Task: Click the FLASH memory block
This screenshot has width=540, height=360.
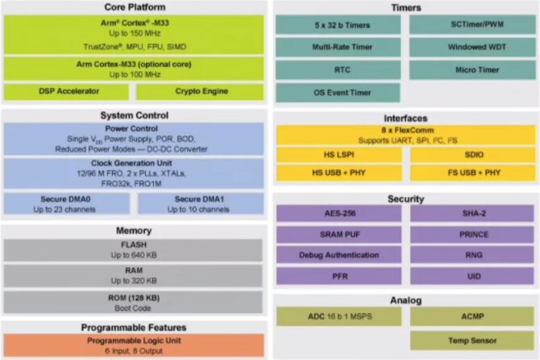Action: [133, 250]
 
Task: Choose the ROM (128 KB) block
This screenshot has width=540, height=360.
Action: [133, 303]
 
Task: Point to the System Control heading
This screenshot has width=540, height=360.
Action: [133, 114]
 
